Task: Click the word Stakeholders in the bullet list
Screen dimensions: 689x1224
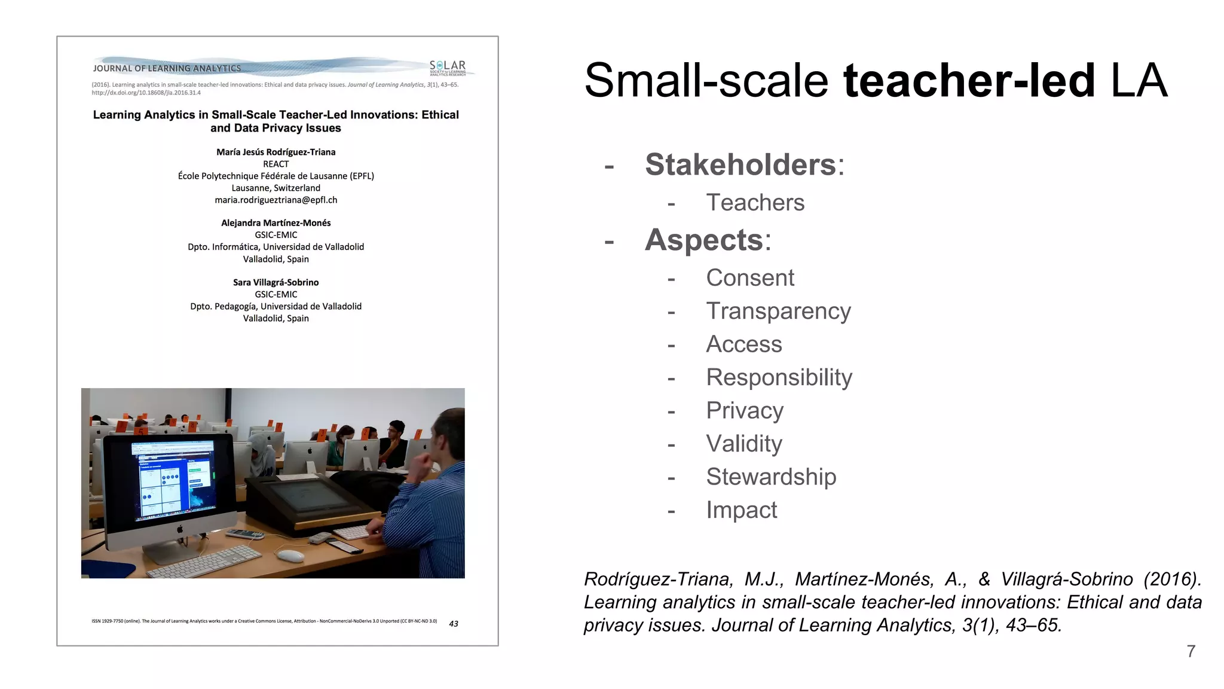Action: tap(740, 164)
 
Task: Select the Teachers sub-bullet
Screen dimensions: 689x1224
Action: tap(755, 203)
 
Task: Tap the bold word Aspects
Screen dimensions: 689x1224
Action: tap(704, 240)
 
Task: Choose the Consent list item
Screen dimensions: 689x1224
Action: tap(749, 278)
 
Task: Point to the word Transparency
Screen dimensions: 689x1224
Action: tap(778, 312)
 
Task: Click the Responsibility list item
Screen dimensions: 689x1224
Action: tap(779, 377)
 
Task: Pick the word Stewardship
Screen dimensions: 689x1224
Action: tap(771, 477)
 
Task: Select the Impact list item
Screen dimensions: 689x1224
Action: tap(741, 510)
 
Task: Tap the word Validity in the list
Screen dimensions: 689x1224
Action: tap(743, 444)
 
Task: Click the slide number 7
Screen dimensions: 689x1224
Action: tap(1191, 651)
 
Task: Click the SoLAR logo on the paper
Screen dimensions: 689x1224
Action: tap(448, 68)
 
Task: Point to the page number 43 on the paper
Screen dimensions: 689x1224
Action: tap(454, 624)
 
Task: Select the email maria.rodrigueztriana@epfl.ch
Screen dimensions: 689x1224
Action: tap(276, 200)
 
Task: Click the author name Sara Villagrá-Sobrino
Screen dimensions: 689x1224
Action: tap(276, 282)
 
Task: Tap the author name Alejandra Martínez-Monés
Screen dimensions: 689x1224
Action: tap(276, 223)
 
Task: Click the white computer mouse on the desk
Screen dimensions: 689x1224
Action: tap(290, 556)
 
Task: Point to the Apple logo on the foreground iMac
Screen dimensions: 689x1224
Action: tap(179, 529)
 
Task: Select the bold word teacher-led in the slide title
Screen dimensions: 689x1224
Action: tap(969, 81)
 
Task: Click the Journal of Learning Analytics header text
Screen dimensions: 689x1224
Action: tap(167, 69)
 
